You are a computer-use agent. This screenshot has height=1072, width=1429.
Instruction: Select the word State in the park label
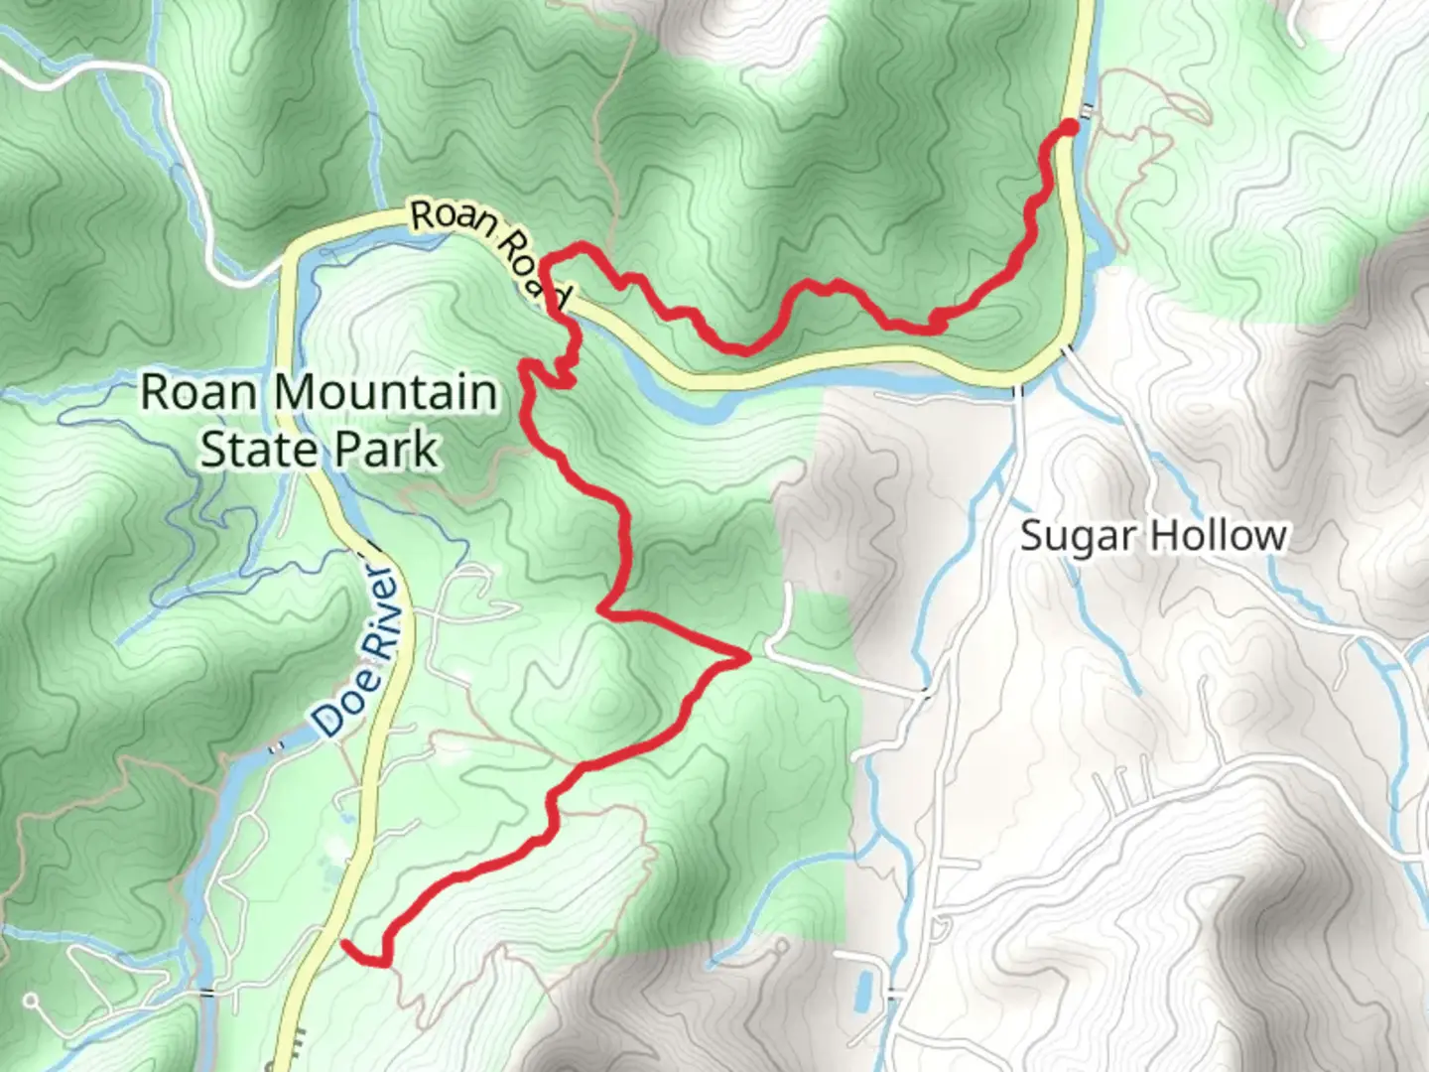tap(247, 449)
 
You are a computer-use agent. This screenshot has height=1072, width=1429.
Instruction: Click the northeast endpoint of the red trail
tap(1069, 126)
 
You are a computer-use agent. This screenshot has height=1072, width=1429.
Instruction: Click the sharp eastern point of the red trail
tap(746, 656)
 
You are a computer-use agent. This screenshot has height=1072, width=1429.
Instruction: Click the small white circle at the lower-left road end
tap(32, 1000)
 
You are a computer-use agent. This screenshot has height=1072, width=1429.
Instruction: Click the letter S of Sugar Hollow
tap(1032, 537)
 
